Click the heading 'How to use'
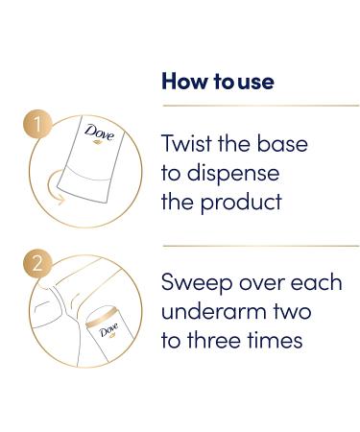(218, 82)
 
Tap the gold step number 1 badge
(36, 126)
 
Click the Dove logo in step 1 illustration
(99, 133)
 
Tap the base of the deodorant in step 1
(91, 187)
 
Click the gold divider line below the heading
(259, 106)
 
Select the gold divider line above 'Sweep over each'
(259, 246)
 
